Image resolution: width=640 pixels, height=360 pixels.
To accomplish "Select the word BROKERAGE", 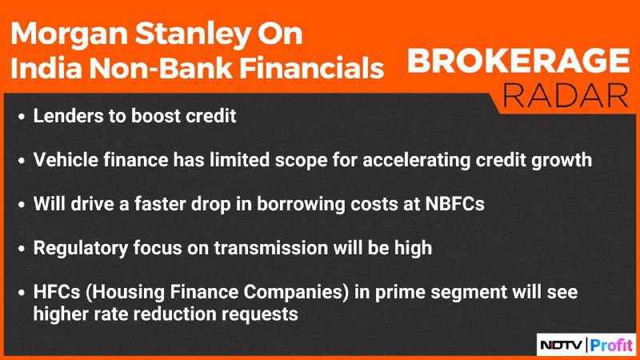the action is (518, 61).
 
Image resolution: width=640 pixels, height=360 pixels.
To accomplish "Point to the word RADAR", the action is (566, 96).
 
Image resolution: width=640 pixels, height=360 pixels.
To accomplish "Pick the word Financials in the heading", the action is (312, 67).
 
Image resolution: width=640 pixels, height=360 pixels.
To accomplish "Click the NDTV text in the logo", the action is (562, 346).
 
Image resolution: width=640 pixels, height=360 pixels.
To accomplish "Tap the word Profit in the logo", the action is (611, 346).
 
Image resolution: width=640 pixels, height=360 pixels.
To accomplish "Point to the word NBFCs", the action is (454, 204).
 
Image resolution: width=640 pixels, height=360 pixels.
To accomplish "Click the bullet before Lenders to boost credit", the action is (22, 117).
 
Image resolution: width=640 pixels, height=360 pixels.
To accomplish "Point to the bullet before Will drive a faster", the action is (22, 205).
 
